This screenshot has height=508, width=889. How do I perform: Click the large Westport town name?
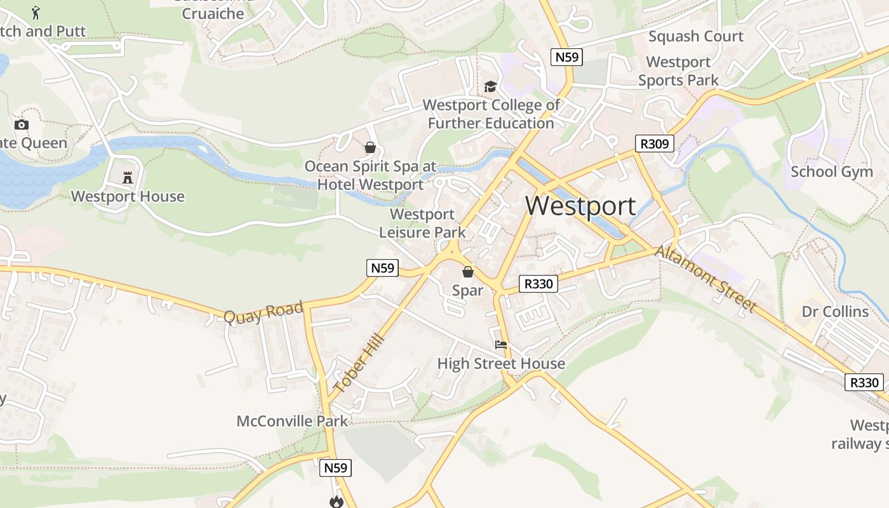point(580,206)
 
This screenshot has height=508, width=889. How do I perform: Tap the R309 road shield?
point(655,144)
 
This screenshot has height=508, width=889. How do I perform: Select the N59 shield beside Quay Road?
point(383,268)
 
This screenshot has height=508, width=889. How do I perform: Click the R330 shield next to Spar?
point(538,284)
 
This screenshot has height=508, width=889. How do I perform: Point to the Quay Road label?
point(264,312)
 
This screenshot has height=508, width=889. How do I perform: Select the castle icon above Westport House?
point(128,177)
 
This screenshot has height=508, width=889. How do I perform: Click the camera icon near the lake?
point(22,124)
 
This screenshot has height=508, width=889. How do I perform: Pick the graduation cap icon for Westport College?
point(490,86)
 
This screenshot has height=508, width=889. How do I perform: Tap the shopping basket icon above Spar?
point(468,272)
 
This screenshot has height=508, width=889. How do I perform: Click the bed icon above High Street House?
point(501,345)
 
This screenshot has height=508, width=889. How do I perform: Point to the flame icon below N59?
point(336,502)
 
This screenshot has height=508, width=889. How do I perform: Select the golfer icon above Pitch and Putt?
point(36,12)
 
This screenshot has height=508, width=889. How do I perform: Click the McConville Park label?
point(292,421)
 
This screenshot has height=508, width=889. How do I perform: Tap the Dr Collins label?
point(835,312)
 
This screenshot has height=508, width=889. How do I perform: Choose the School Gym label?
point(831,171)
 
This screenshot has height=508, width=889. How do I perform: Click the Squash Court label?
point(695,36)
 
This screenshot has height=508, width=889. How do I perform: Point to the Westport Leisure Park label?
point(422,224)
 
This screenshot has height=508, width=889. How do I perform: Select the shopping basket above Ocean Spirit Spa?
point(370,148)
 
